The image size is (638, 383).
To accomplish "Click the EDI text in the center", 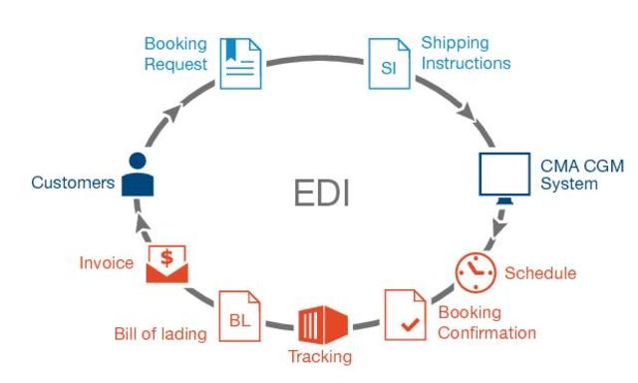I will point(321,191).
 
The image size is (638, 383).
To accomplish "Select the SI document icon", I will point(389,64).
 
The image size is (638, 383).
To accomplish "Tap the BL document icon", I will point(239,316).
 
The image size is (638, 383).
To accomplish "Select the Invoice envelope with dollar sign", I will point(166,264).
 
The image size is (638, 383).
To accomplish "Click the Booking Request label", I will point(175,54).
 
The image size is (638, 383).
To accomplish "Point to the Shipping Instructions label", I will point(466,53).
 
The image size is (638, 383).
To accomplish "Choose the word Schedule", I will point(540,273).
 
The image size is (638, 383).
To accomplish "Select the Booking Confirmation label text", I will point(487,322).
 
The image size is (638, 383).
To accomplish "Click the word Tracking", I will point(320,357).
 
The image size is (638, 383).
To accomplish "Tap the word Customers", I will point(73,183).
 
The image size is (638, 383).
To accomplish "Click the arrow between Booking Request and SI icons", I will point(315,57).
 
